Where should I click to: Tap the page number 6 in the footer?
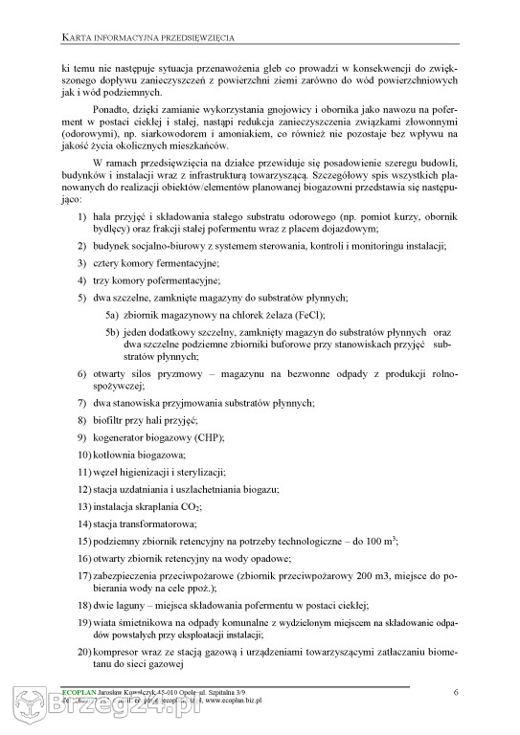(456, 692)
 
